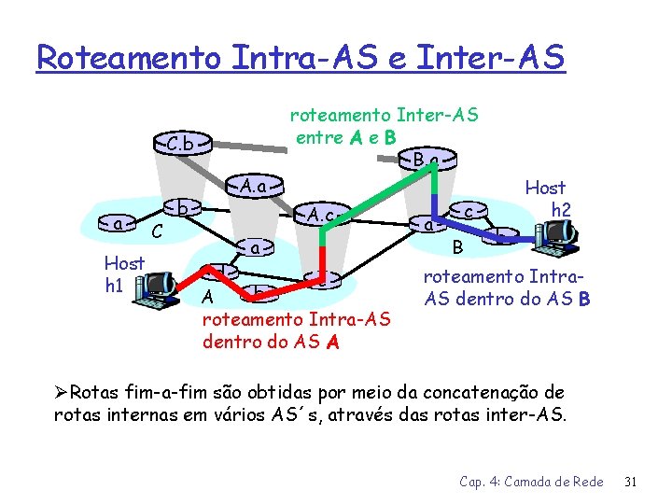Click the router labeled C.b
click(182, 145)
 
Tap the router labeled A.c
click(320, 216)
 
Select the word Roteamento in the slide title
click(129, 57)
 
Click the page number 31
click(630, 482)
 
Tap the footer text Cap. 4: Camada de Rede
click(530, 482)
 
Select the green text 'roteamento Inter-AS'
click(384, 116)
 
